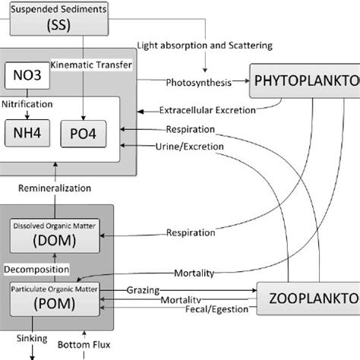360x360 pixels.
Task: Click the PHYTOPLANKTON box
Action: click(x=304, y=80)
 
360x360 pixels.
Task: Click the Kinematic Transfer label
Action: click(x=95, y=64)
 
